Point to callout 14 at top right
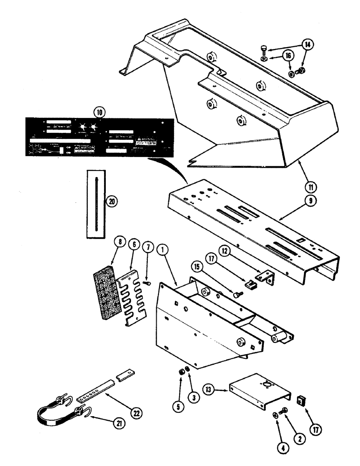click(x=307, y=45)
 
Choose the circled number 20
click(x=111, y=201)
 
